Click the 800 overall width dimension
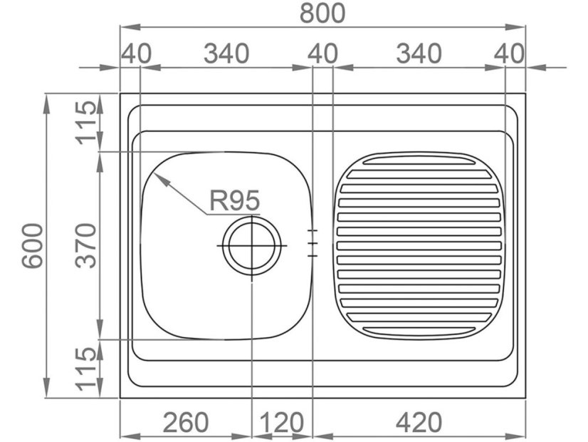click(322, 13)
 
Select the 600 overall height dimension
click(32, 245)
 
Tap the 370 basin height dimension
click(86, 245)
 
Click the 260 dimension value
click(186, 423)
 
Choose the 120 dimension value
click(282, 423)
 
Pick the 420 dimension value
click(418, 423)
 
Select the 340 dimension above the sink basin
click(226, 53)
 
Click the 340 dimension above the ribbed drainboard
click(418, 53)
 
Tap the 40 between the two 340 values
click(322, 53)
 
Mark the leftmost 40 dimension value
click(136, 53)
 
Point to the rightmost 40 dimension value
click(509, 53)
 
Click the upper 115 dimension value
click(86, 122)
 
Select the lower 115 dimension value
click(86, 369)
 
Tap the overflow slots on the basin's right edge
click(312, 243)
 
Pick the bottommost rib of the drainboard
click(419, 329)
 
